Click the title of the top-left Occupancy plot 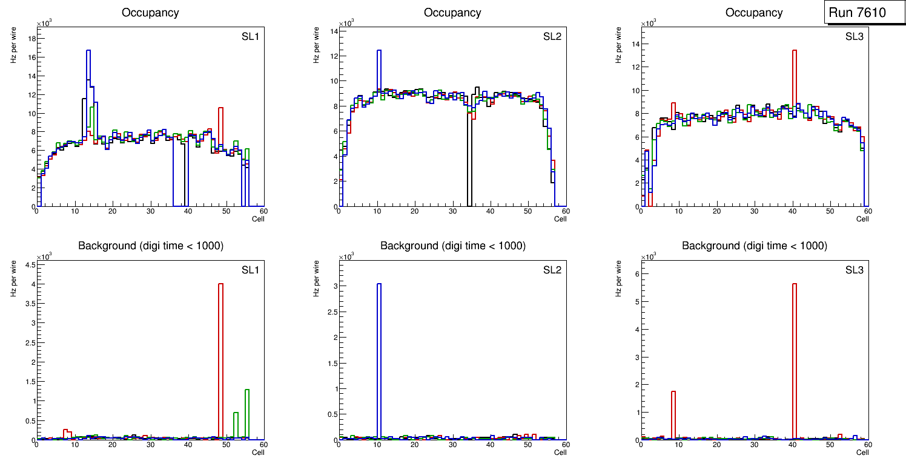(x=150, y=13)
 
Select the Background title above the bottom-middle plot (x=452, y=246)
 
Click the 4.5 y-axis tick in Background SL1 (x=29, y=264)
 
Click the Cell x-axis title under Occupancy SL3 (x=862, y=219)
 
